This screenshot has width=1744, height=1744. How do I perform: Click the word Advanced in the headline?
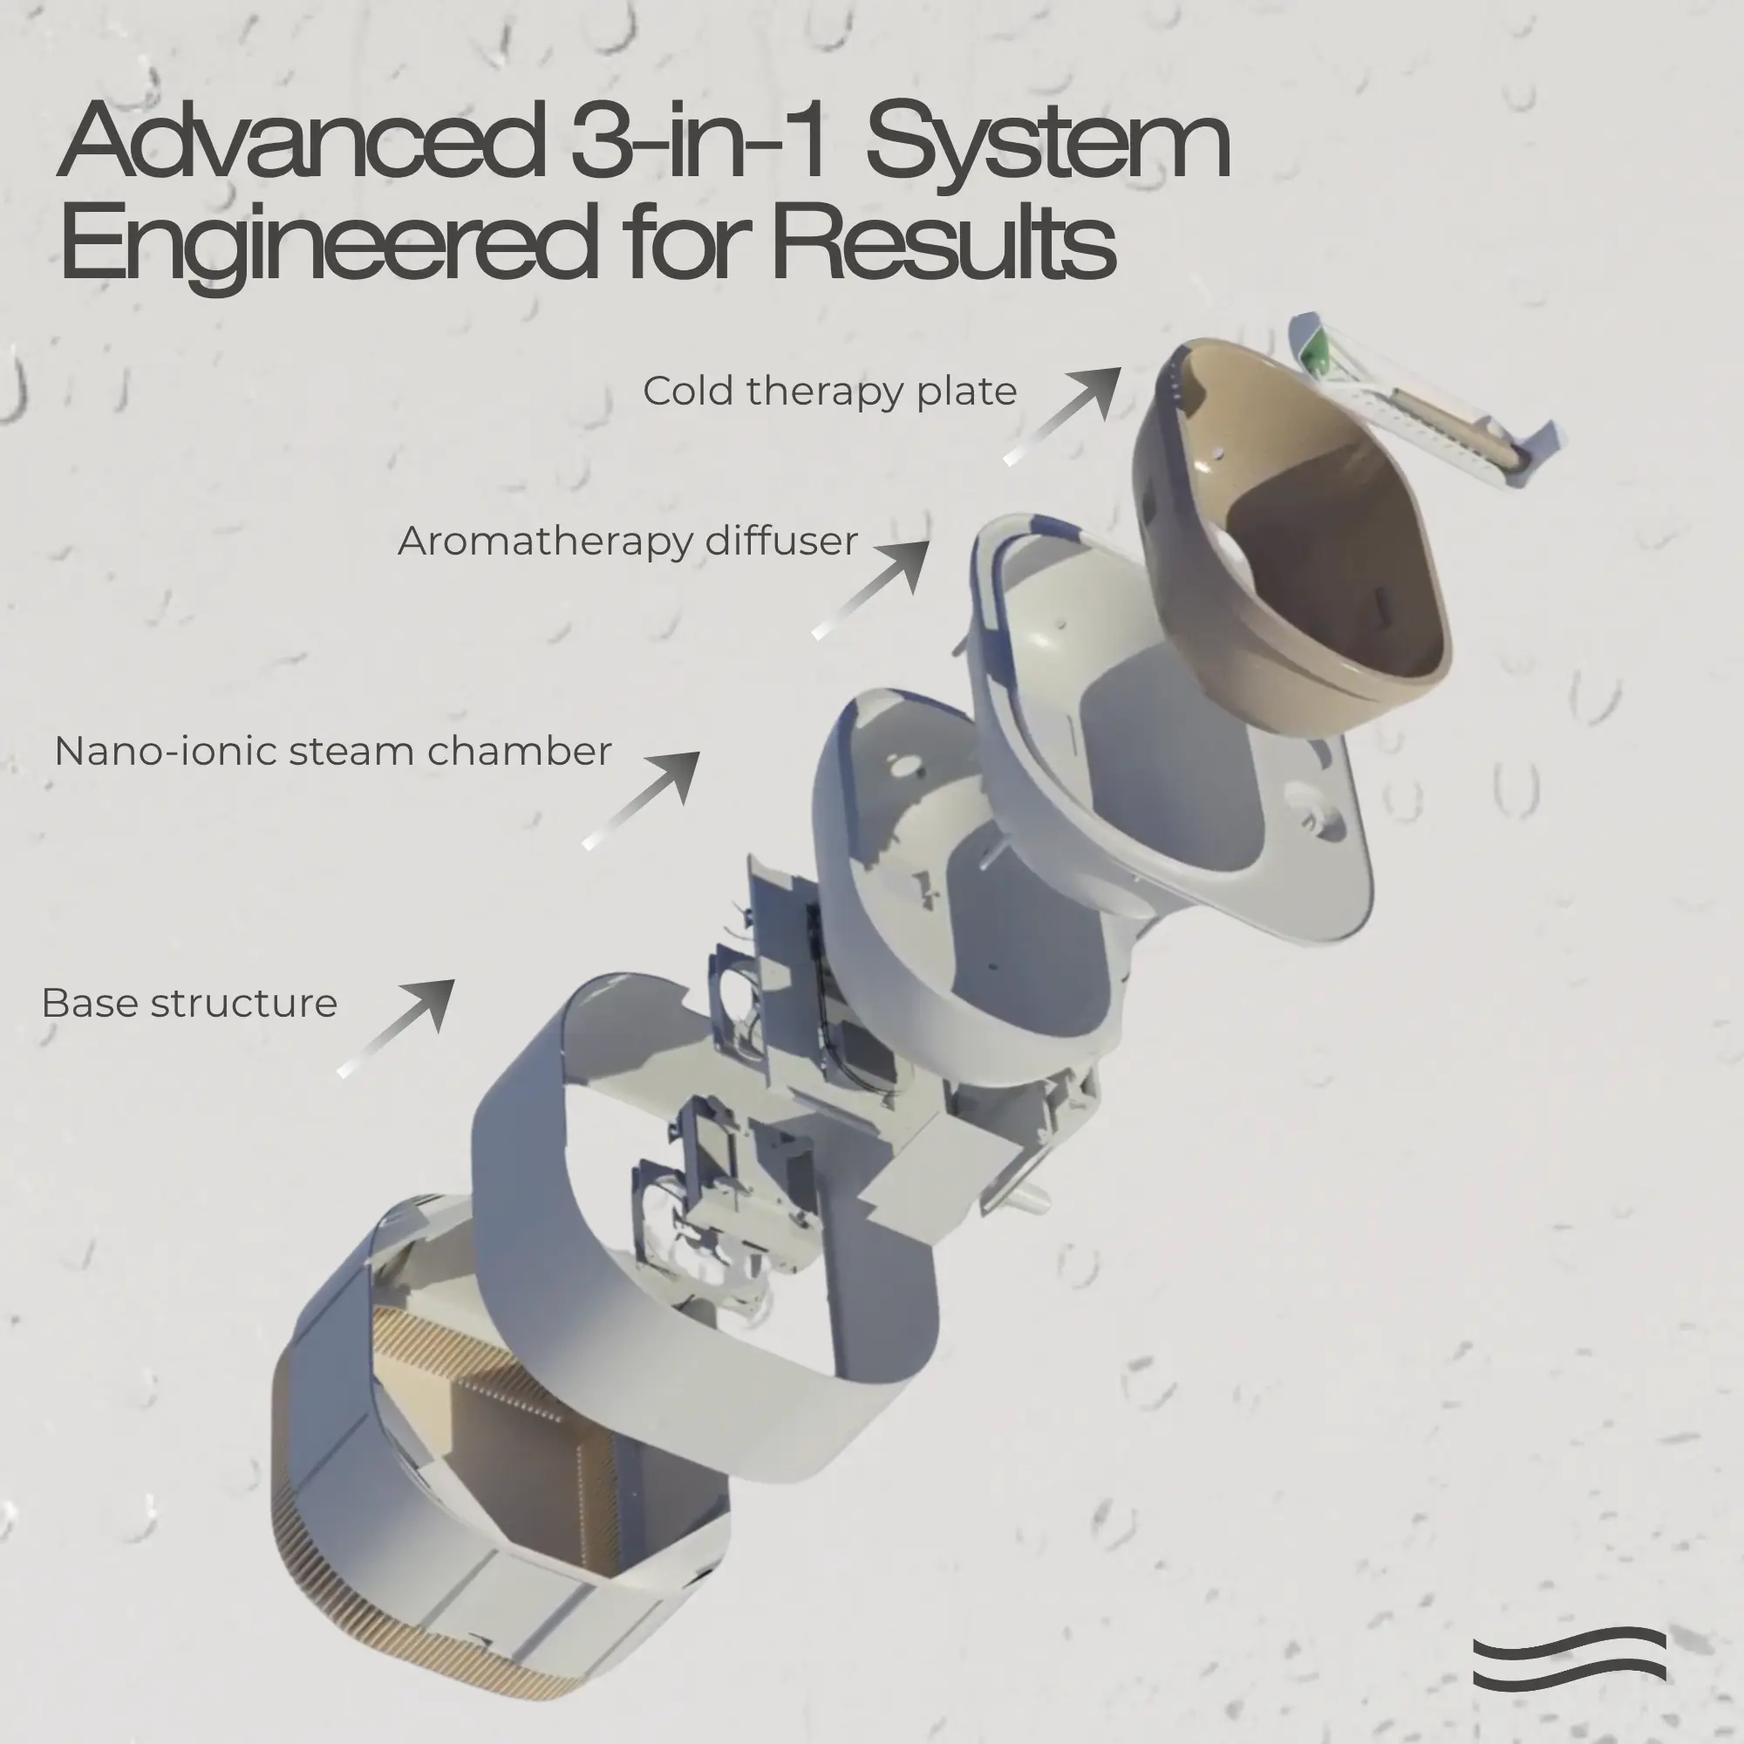pos(303,140)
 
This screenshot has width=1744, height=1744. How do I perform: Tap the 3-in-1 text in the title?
pos(699,140)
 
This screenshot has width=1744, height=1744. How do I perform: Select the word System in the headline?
pos(1048,146)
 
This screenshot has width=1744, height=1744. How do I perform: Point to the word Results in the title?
pos(944,239)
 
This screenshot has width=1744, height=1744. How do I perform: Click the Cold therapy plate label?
pos(829,392)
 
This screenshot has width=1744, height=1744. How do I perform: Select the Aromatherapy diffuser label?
pos(627,542)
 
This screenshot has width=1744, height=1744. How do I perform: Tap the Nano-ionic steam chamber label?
pos(333,751)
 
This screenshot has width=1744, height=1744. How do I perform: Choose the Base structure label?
pos(189,1003)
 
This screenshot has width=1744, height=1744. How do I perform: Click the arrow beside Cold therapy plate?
pos(1062,416)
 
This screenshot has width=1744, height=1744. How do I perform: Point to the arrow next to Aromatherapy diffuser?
pos(871,589)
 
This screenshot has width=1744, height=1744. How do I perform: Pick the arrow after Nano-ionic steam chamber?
pos(641,800)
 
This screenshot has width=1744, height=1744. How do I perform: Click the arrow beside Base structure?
pos(395,1028)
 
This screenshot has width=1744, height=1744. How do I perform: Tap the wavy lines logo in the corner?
pos(1570,1659)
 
